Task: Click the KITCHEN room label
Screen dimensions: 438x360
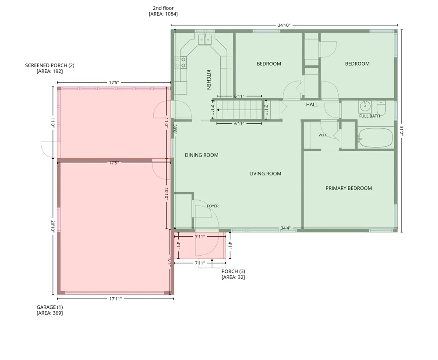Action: pos(208,80)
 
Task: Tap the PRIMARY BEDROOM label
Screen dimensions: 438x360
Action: pos(349,188)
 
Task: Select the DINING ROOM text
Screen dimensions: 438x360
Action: pos(201,155)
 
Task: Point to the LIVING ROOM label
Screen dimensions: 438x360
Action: pos(265,174)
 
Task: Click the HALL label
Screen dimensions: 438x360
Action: pos(312,105)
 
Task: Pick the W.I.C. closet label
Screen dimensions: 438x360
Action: pos(323,135)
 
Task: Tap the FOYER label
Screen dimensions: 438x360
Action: pos(212,206)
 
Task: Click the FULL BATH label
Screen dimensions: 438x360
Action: pos(369,116)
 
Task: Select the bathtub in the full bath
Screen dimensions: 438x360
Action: pos(375,138)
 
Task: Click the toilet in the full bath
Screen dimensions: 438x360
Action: pos(381,108)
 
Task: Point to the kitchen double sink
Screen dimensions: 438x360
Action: pos(205,40)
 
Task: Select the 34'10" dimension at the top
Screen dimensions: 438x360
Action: pos(284,25)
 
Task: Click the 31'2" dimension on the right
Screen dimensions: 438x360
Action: pos(402,131)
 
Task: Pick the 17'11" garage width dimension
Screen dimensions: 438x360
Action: pos(115,299)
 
